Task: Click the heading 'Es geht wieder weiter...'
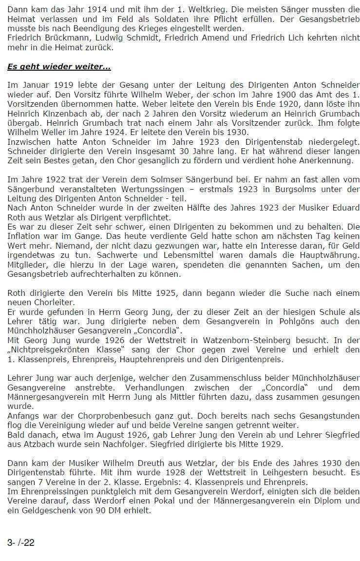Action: (x=59, y=66)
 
